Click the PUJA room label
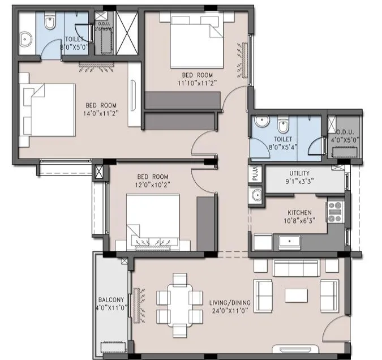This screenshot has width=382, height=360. pyautogui.click(x=255, y=173)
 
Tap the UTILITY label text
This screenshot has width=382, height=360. pyautogui.click(x=299, y=173)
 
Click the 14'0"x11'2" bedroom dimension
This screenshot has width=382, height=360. pyautogui.click(x=101, y=112)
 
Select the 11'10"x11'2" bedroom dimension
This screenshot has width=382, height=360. pyautogui.click(x=197, y=82)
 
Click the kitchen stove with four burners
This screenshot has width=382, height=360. pyautogui.click(x=335, y=212)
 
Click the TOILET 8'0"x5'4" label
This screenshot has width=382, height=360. pyautogui.click(x=282, y=142)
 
